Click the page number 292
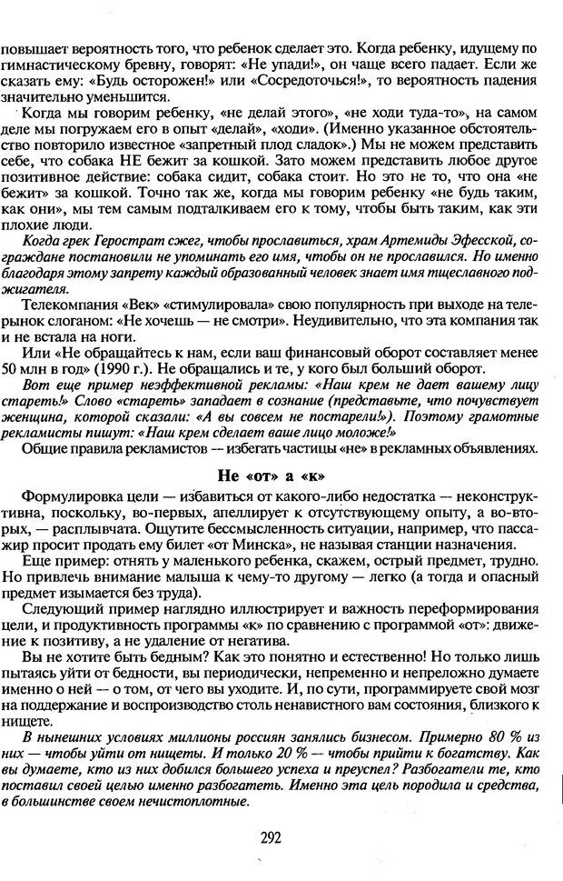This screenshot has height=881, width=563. pos(281,838)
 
